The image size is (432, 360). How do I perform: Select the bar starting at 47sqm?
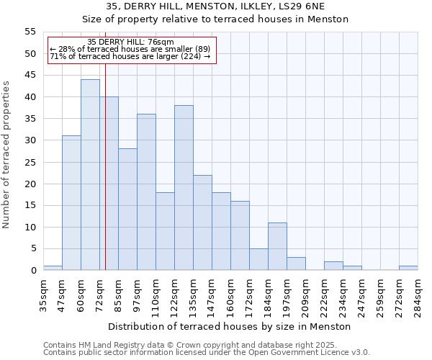click(71, 203)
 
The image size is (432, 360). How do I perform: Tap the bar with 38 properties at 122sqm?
click(184, 188)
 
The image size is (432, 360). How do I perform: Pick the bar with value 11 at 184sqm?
click(277, 247)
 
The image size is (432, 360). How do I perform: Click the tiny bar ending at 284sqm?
click(408, 269)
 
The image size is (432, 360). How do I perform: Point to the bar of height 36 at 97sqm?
click(146, 192)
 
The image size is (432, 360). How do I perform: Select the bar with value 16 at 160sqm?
click(240, 235)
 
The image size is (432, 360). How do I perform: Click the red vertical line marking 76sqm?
click(105, 180)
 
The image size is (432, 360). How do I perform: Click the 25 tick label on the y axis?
click(30, 162)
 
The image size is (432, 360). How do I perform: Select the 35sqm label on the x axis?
click(43, 292)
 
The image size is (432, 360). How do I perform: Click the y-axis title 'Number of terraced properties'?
click(6, 155)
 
